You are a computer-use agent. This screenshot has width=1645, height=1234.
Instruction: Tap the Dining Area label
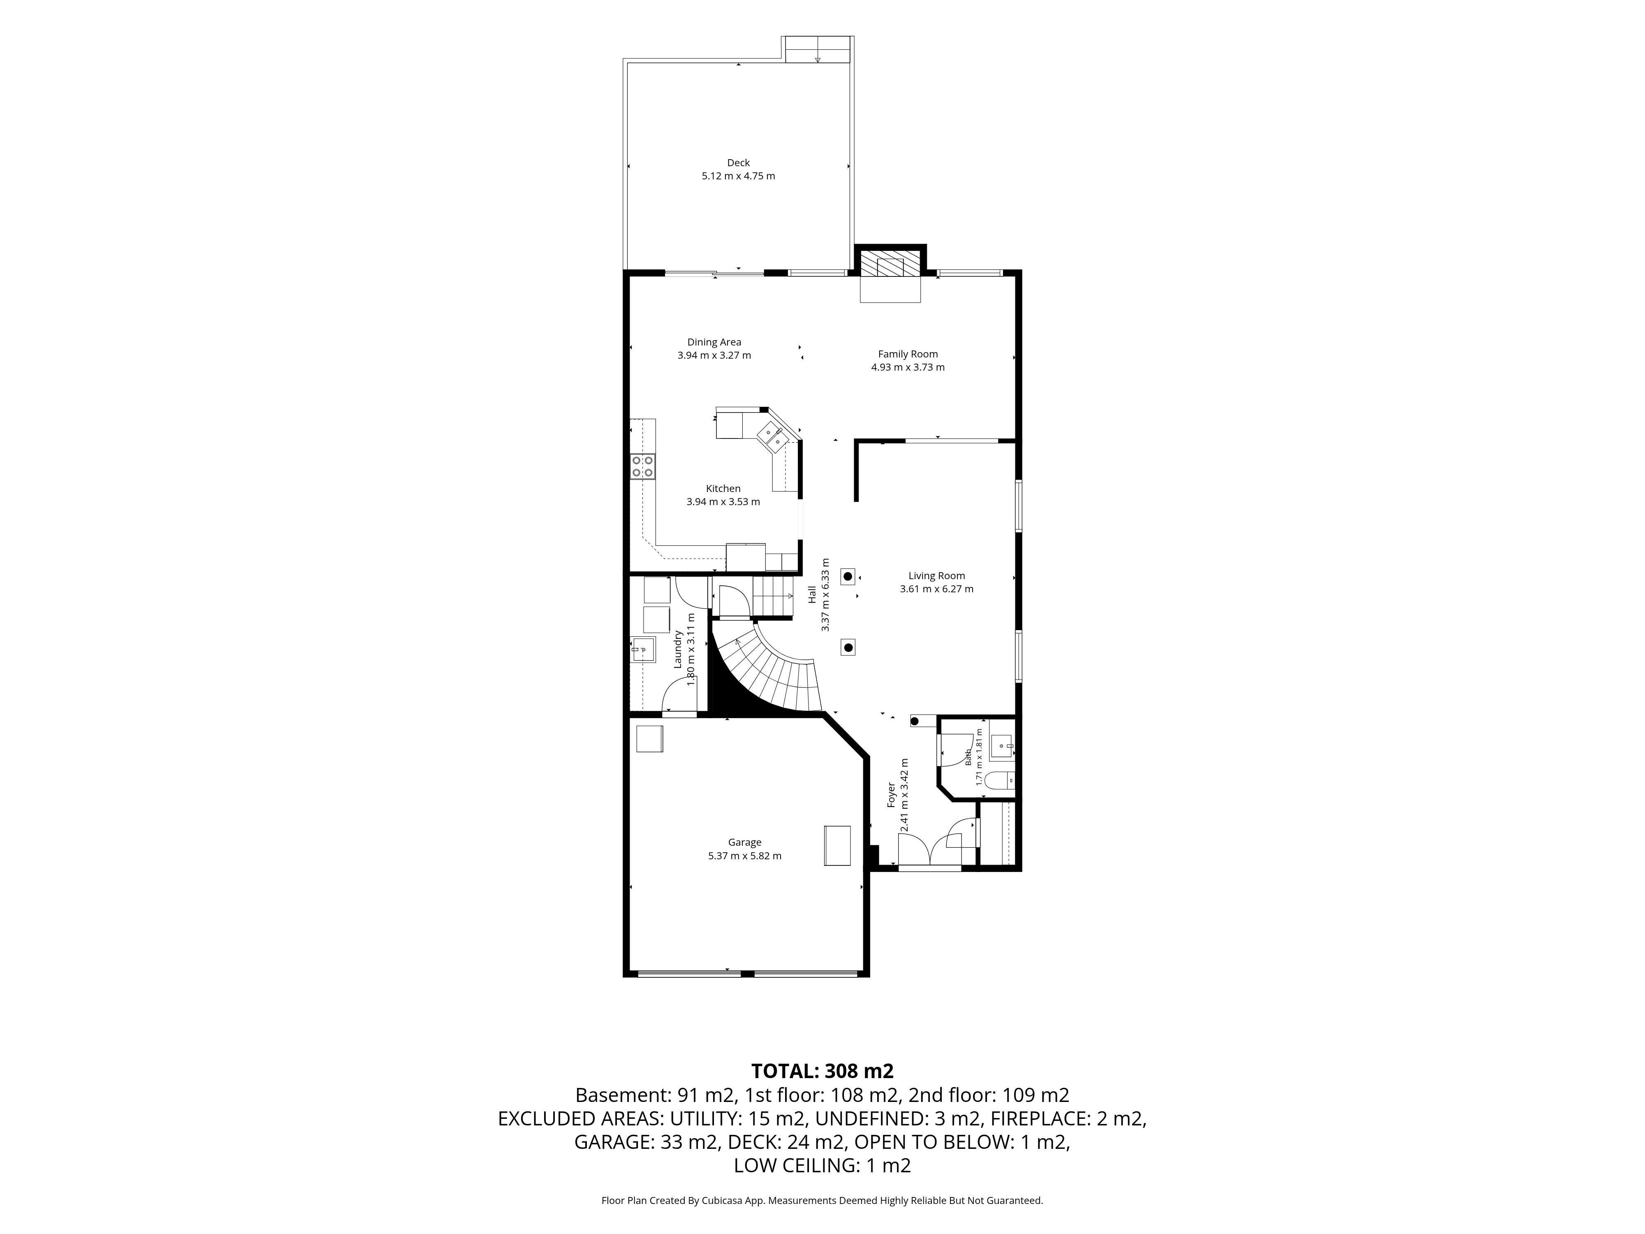pyautogui.click(x=714, y=342)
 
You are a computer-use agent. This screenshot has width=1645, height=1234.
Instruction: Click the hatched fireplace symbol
pyautogui.click(x=890, y=264)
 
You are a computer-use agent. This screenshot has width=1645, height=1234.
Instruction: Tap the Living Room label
pyautogui.click(x=936, y=576)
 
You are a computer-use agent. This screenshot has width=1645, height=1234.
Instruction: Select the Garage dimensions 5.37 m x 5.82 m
pyautogui.click(x=744, y=856)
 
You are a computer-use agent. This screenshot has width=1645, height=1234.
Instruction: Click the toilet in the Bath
pyautogui.click(x=999, y=780)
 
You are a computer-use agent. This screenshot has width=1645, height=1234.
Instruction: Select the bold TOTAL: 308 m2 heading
pyautogui.click(x=822, y=1071)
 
